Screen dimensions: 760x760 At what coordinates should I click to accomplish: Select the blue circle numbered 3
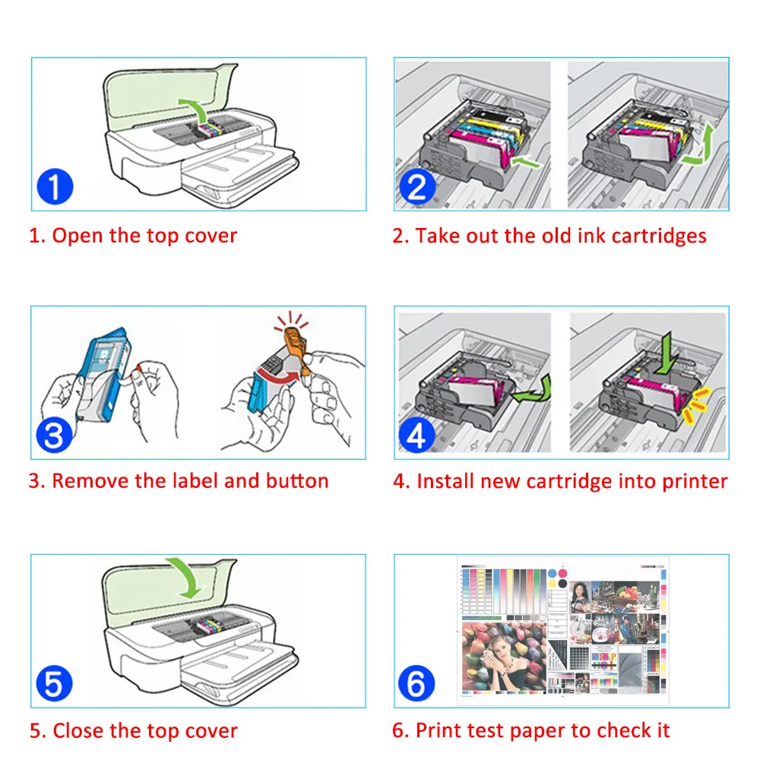[55, 435]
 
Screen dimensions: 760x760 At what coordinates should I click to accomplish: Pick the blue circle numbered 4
[417, 435]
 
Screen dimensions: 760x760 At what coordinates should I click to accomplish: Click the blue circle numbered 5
[55, 685]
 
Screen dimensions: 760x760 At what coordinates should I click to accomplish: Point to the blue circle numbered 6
[417, 685]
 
